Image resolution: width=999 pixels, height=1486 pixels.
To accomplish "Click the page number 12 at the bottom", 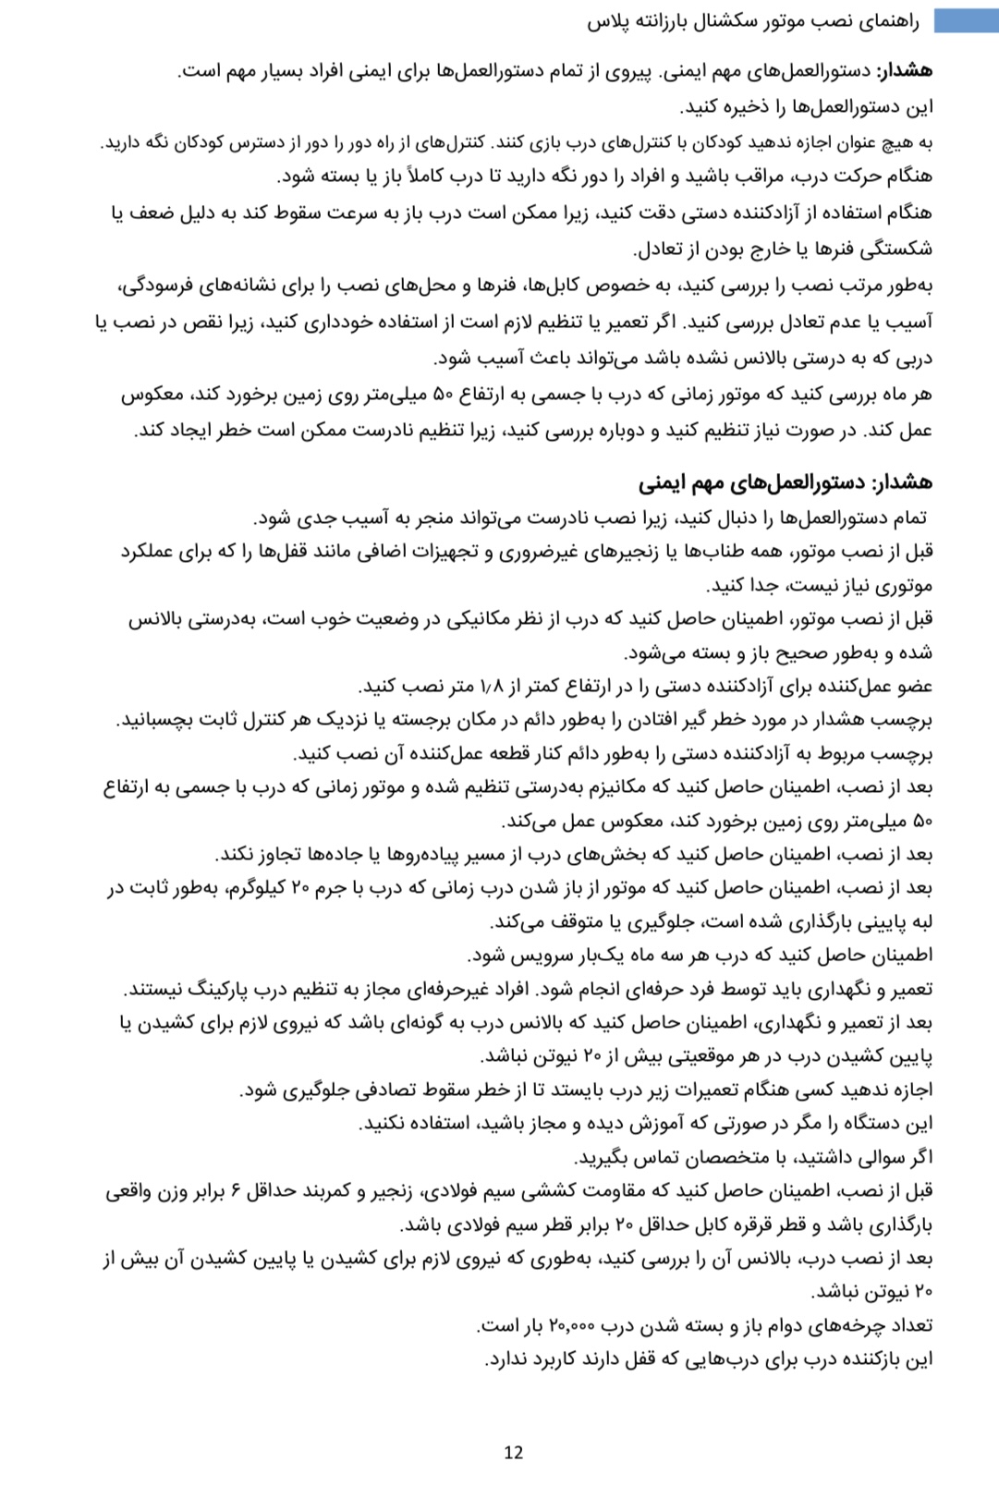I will [x=514, y=1452].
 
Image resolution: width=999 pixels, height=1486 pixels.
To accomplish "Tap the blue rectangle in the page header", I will [x=965, y=20].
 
